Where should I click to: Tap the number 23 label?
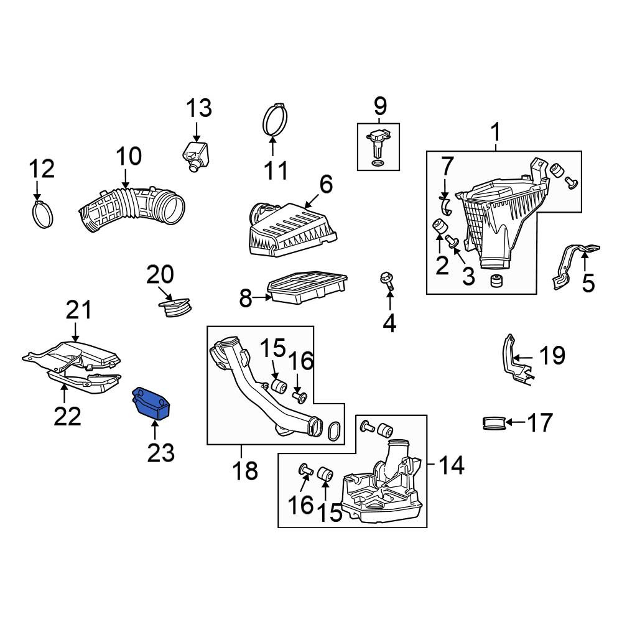(160, 453)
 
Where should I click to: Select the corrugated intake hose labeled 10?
(132, 208)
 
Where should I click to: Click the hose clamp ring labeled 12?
(42, 214)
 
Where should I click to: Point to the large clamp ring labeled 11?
(275, 120)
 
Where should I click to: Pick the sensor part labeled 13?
(195, 155)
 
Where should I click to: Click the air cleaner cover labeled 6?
(292, 230)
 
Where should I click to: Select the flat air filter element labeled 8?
(307, 287)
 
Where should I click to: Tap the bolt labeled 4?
(387, 281)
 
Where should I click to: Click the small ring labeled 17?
(494, 423)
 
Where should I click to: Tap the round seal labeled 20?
(175, 307)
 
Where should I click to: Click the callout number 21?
(78, 310)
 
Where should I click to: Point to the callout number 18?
(245, 471)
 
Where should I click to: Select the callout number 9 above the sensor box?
(379, 106)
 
